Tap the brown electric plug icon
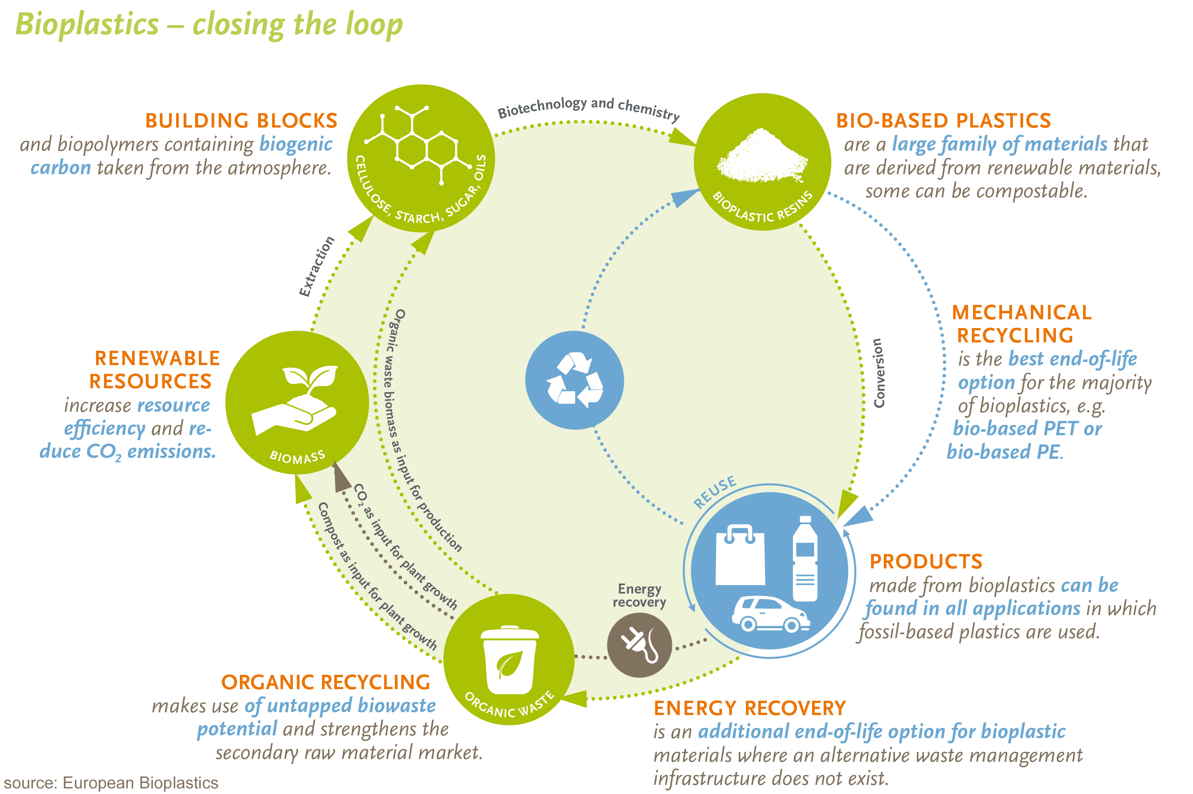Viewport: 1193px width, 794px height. [639, 645]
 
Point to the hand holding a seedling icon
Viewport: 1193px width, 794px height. [296, 400]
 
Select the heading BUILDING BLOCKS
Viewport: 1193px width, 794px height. [241, 120]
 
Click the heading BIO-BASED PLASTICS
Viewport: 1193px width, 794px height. [943, 120]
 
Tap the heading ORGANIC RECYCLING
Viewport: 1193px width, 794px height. [326, 682]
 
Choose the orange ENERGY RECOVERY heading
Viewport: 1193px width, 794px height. [749, 708]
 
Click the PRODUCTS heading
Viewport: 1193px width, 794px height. [925, 562]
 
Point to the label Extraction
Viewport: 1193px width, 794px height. [316, 266]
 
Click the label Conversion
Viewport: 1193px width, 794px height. [879, 373]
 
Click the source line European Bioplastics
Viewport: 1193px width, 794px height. [111, 783]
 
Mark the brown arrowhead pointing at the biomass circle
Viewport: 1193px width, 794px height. [341, 478]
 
